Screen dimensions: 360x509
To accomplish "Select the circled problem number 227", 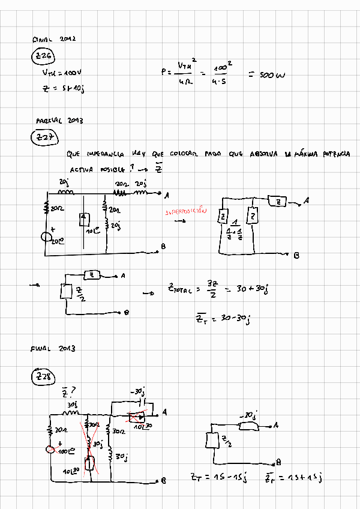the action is point(44,138).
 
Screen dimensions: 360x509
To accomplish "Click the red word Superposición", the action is point(185,212).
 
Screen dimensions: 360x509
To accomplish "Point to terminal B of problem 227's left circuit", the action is point(163,247).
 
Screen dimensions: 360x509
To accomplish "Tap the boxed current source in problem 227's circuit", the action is point(84,218).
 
